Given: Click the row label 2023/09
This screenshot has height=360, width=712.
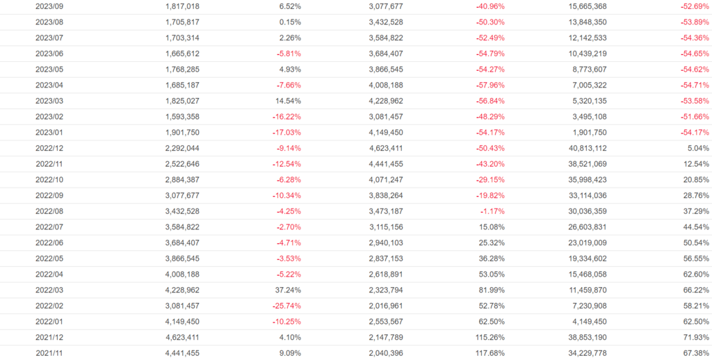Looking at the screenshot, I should click(x=49, y=6).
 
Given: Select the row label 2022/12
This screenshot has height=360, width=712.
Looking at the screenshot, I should click(x=49, y=148).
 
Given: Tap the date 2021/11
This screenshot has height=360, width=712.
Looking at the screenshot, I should click(x=49, y=353).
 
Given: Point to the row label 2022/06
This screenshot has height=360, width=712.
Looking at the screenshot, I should click(x=49, y=243).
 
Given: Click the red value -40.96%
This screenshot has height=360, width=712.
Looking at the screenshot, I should click(x=487, y=6).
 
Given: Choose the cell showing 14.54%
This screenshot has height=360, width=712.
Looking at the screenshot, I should click(x=286, y=101).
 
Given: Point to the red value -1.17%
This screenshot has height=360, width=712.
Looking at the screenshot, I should click(x=489, y=211).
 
